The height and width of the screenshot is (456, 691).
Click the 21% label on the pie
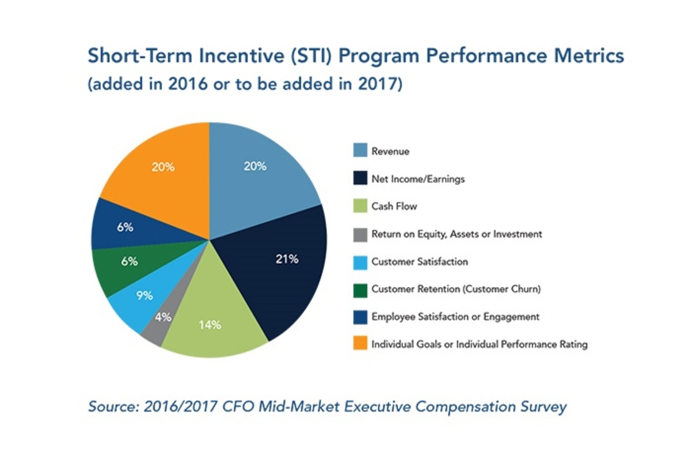286,259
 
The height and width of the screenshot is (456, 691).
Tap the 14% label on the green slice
210,325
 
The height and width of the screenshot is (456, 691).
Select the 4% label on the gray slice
164,317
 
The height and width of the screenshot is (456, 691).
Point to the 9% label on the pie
145,296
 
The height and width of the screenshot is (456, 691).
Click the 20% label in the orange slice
163,167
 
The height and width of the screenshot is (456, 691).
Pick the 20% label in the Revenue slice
255,166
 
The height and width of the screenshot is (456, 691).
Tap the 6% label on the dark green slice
130,261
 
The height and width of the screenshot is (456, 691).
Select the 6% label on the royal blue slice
125,227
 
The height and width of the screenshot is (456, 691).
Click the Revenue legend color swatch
359,151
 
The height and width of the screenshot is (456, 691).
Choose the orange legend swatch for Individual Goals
359,344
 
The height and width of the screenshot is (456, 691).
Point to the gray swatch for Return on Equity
359,234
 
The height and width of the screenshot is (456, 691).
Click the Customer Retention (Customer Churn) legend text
456,289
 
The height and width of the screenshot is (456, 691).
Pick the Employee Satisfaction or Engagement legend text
455,317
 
